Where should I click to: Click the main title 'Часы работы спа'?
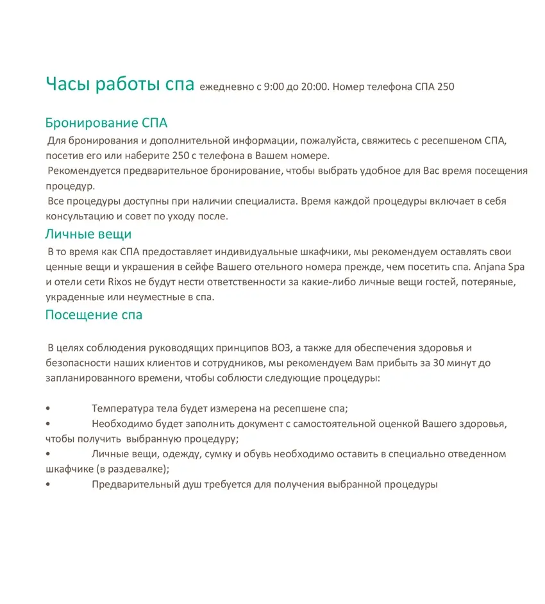coord(119,85)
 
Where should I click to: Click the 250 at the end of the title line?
coord(446,87)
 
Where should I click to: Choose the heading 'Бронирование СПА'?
coord(106,122)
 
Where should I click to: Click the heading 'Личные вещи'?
coord(88,234)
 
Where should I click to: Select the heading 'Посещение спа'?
coord(94,315)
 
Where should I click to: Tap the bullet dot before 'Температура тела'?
coord(48,408)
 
